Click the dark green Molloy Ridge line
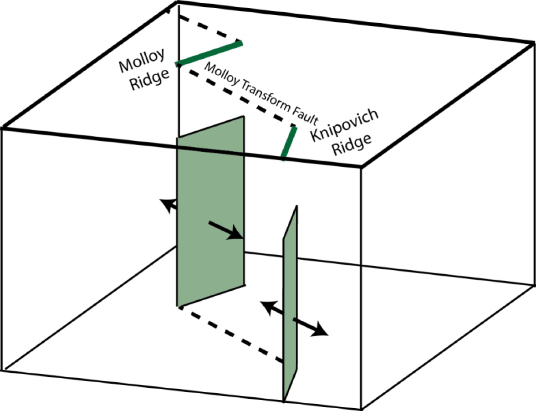209,53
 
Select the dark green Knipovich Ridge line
289,143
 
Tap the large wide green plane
210,196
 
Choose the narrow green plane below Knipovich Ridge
290,305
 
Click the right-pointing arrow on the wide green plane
225,230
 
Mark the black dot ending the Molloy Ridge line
179,66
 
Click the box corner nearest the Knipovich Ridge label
362,167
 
